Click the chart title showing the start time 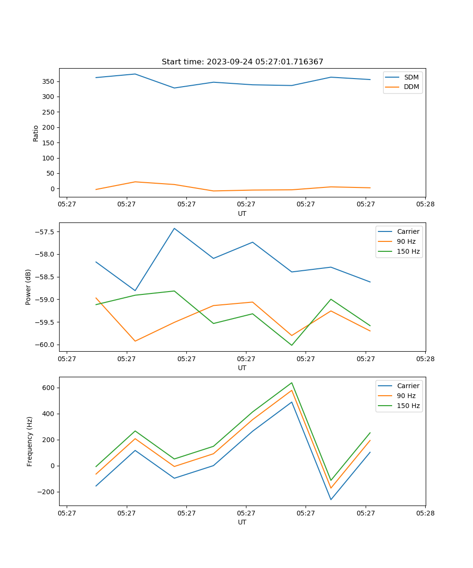click(242, 62)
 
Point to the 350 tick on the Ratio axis click(50, 81)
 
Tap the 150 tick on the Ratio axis click(50, 143)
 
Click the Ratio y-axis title click(36, 133)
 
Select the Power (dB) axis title click(28, 287)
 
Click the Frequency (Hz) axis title click(30, 441)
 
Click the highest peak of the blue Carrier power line click(174, 228)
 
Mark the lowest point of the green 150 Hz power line click(291, 345)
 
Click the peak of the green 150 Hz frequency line click(291, 382)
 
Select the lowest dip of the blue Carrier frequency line click(331, 499)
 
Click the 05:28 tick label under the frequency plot click(425, 512)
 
